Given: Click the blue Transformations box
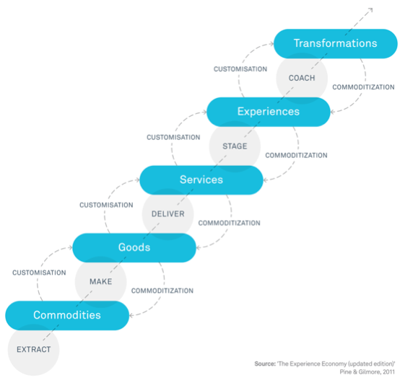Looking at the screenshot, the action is point(336,43).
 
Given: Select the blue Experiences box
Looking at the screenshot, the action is point(269,112).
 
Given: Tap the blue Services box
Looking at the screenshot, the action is point(201,180).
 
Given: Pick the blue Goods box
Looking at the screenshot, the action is point(134,247).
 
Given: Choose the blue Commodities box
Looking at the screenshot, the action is point(67,315).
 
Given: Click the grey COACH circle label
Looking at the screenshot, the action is point(302,78).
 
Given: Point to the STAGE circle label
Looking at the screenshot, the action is point(235,146).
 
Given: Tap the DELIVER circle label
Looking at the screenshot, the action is point(168,214).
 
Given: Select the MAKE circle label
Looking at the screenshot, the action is point(101,281).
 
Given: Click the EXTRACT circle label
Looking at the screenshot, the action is point(34,349).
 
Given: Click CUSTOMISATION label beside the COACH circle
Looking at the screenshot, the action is point(240,69).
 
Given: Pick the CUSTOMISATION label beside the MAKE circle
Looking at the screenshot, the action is point(39,273).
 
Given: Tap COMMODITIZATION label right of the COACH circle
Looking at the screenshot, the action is point(363,87).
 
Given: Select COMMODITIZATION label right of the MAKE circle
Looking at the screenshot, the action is point(162,291).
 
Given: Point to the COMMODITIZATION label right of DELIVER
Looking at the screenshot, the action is point(229,223).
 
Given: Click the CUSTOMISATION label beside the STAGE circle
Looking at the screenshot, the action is point(173,137).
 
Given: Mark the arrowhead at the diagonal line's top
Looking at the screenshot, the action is point(371,9).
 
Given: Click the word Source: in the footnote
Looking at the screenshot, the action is point(265,364).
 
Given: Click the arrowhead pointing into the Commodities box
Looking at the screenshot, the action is point(131,315).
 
